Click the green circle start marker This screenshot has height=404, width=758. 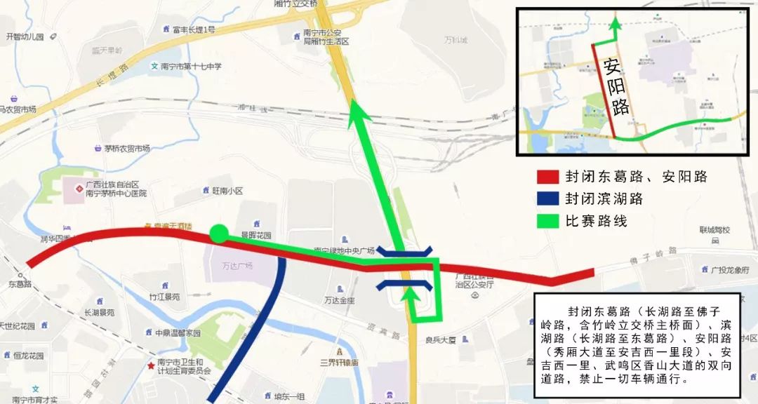pos(219,234)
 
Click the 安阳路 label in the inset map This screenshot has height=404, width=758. pos(616,88)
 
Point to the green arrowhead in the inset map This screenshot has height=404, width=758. pos(616,24)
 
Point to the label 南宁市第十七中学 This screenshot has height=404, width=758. pos(190,67)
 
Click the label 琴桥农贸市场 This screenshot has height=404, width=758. pos(127,149)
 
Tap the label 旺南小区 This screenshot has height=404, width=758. pos(227,191)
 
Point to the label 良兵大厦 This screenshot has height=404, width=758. pos(441,340)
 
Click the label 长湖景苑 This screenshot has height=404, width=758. pos(100,313)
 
